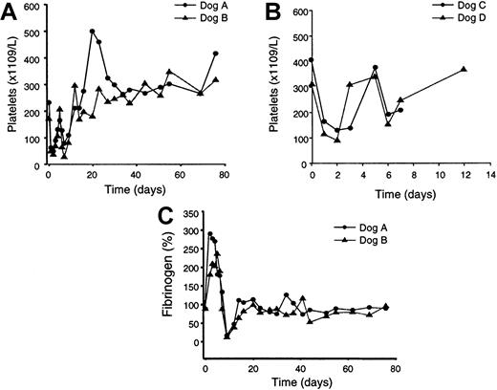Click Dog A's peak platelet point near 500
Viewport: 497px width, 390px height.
(93, 31)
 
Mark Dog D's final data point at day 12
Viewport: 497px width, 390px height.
(464, 69)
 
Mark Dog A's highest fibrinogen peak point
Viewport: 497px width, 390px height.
(210, 233)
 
